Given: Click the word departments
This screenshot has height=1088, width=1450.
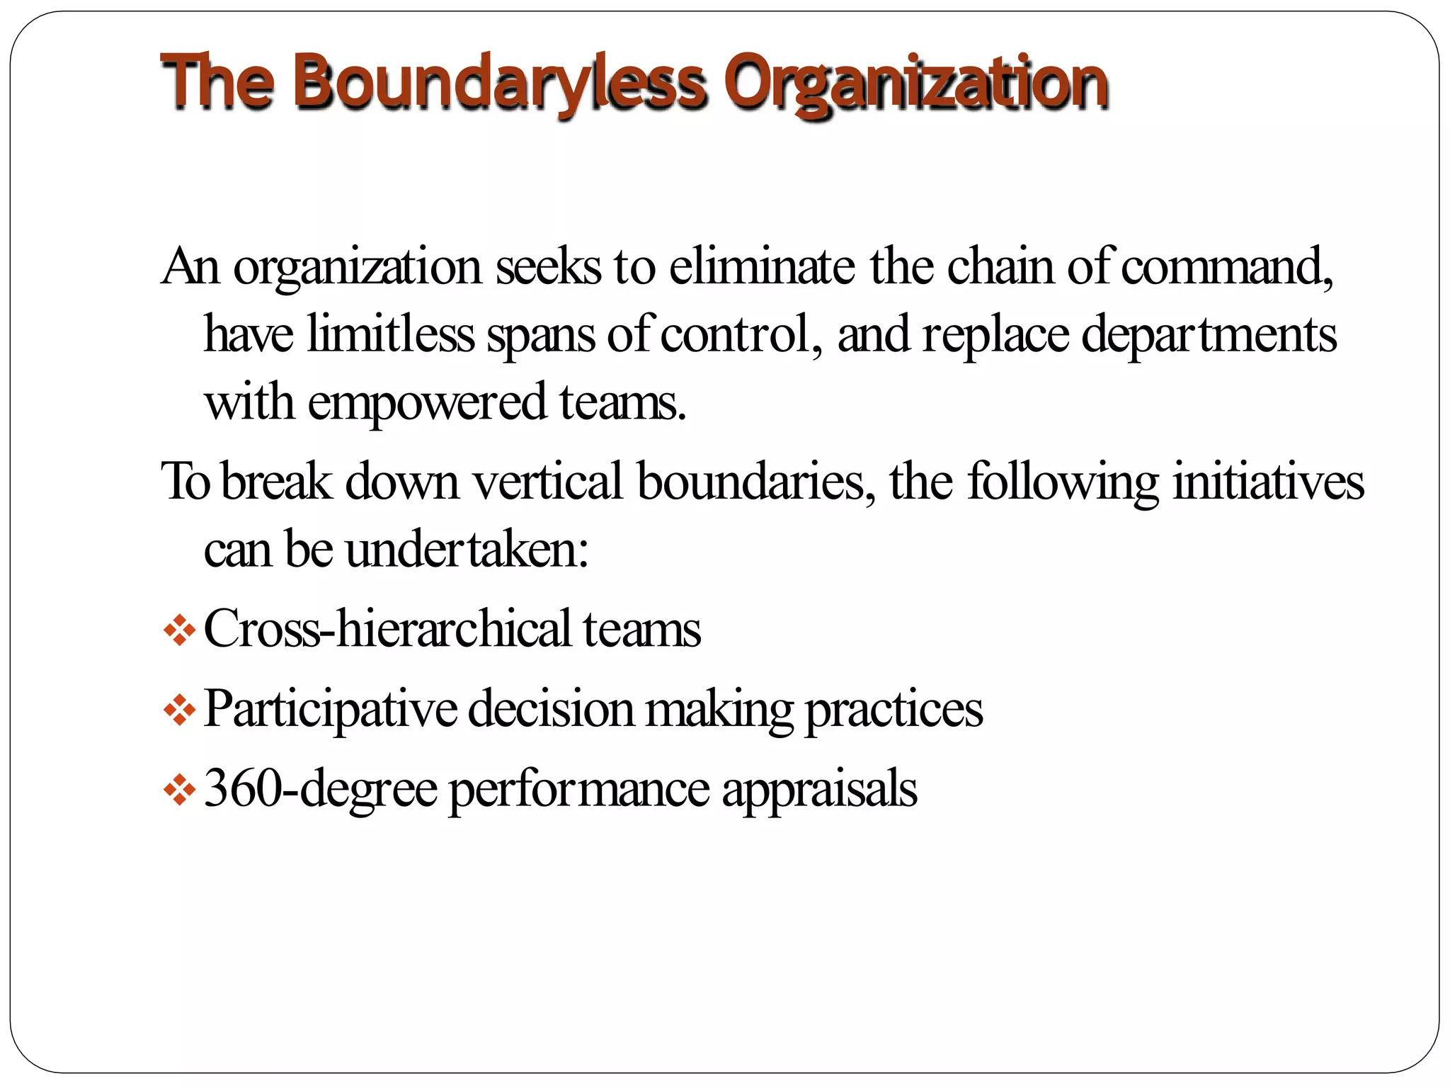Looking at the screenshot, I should (x=1209, y=335).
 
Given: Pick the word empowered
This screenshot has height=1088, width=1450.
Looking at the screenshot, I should (x=427, y=402).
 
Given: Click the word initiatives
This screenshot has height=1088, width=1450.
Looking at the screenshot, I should (x=1268, y=481).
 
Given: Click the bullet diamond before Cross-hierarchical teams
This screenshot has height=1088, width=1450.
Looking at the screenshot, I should (x=179, y=630).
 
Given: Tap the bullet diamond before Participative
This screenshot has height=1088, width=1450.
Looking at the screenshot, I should (x=179, y=710).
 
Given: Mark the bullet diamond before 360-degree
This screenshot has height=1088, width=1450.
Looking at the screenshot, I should (x=179, y=790).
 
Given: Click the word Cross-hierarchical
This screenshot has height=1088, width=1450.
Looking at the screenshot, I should (x=387, y=629).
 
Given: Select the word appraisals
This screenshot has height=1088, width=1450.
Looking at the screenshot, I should (x=819, y=789).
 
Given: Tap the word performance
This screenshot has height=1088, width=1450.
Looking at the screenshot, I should (x=579, y=789).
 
